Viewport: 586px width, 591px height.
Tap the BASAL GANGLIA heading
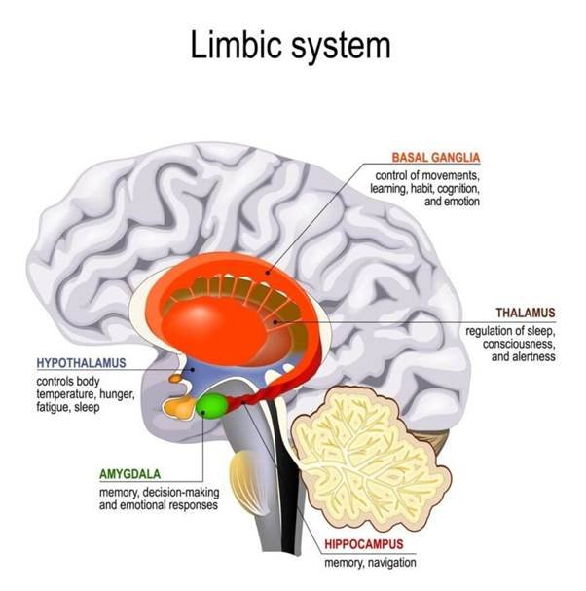[x=435, y=157]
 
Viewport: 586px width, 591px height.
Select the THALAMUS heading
[x=525, y=313]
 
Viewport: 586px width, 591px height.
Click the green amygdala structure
[x=211, y=404]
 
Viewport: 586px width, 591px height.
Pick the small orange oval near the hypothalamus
[x=175, y=377]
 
